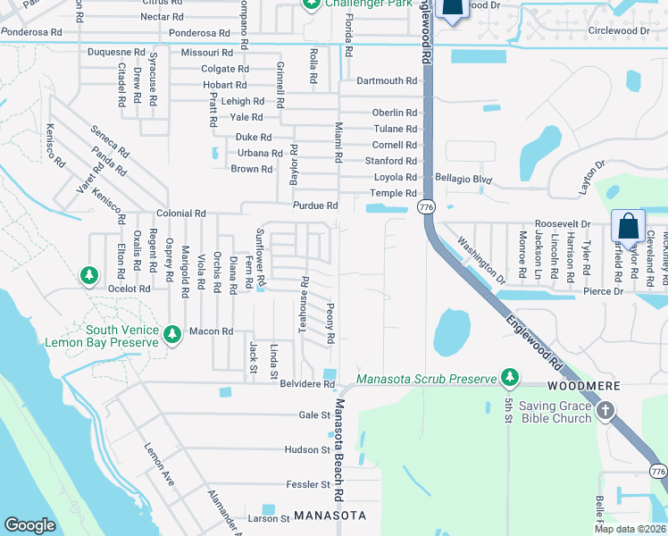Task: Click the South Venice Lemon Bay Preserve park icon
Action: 172,335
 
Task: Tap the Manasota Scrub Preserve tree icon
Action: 510,379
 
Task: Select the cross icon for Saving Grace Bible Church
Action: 605,411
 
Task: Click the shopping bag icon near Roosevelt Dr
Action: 628,228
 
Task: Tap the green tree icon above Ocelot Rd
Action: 89,276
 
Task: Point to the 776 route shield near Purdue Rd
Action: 425,206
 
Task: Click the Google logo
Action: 30,524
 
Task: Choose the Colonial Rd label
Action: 181,214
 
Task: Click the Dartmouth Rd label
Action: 387,80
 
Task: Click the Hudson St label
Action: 307,449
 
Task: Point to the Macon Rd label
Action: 214,331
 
